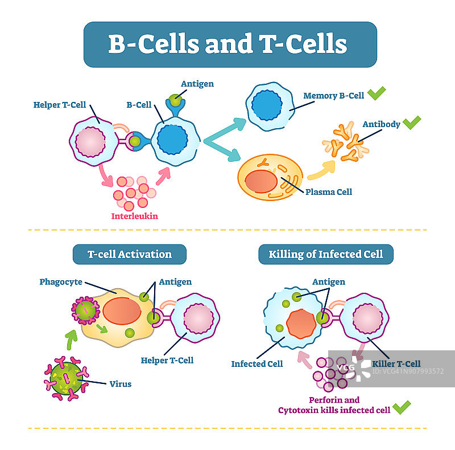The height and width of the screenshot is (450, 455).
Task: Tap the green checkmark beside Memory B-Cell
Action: click(376, 93)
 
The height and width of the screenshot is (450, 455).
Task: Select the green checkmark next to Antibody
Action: click(411, 122)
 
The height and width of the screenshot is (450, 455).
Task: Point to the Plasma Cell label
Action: click(329, 191)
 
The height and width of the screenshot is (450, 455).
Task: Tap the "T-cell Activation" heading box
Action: click(129, 254)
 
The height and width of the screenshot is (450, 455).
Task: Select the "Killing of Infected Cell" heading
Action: click(326, 254)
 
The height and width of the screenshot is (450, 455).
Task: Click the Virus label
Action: click(120, 384)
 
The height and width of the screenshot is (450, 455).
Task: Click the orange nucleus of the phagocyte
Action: click(122, 312)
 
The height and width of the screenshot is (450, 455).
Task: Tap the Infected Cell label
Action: click(257, 363)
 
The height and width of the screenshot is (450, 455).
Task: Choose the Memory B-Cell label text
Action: click(333, 96)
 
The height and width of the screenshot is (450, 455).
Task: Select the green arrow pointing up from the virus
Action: click(71, 341)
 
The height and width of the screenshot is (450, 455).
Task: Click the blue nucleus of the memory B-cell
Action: click(267, 105)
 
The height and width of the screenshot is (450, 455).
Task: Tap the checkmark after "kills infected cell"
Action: click(402, 407)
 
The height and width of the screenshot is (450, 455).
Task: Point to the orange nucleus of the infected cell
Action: click(301, 325)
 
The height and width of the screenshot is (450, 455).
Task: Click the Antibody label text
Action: click(381, 124)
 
